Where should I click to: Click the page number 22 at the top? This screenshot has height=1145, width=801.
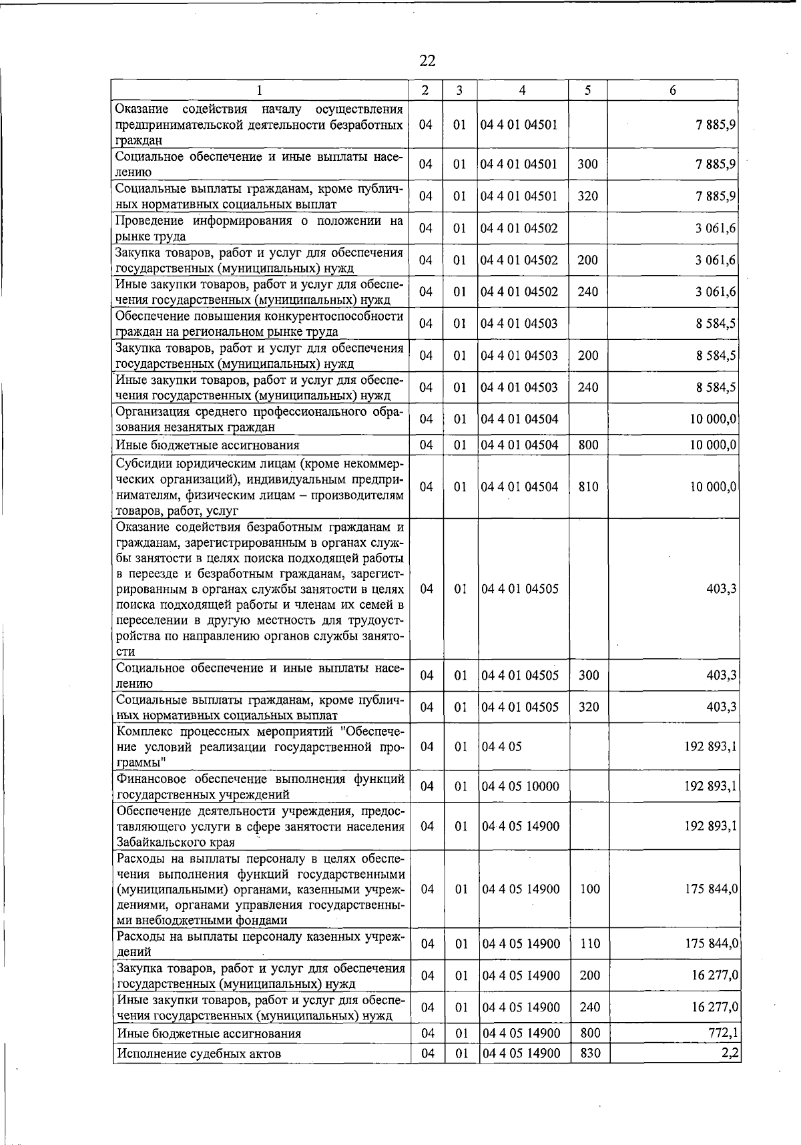427,61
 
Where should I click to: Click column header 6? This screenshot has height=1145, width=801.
672,91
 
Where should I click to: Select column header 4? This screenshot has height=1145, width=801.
522,91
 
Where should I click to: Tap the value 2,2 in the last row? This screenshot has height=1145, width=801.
729,1053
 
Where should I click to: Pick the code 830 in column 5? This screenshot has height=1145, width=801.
590,1053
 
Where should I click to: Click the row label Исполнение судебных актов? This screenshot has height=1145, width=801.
198,1054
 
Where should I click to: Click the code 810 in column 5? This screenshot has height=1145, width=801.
588,487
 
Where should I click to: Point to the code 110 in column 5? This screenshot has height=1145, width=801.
590,943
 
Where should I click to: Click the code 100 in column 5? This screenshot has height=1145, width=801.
590,889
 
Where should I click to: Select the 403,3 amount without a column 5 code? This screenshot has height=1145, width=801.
722,589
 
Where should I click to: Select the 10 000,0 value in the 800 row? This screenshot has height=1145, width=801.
714,445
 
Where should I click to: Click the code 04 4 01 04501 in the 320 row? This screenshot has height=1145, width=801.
519,196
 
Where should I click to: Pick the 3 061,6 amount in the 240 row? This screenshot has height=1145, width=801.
716,292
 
